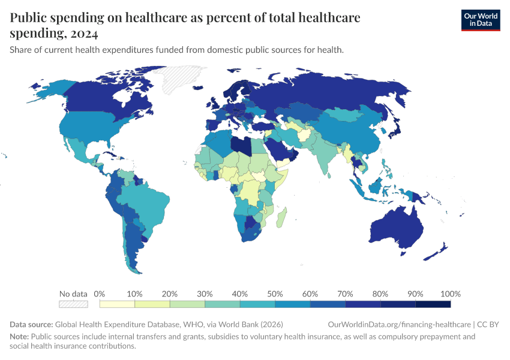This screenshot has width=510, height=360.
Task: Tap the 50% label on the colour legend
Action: click(x=275, y=294)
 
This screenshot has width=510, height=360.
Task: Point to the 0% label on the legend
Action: click(x=100, y=294)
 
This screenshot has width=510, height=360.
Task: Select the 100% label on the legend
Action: click(x=450, y=294)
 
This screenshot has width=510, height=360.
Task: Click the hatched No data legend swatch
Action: click(x=73, y=304)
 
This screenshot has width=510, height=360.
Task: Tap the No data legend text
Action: click(x=73, y=294)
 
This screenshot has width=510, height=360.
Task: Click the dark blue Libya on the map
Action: click(x=242, y=146)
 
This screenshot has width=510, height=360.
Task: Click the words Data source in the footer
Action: click(x=31, y=324)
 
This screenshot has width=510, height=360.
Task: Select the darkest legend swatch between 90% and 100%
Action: click(x=433, y=304)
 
